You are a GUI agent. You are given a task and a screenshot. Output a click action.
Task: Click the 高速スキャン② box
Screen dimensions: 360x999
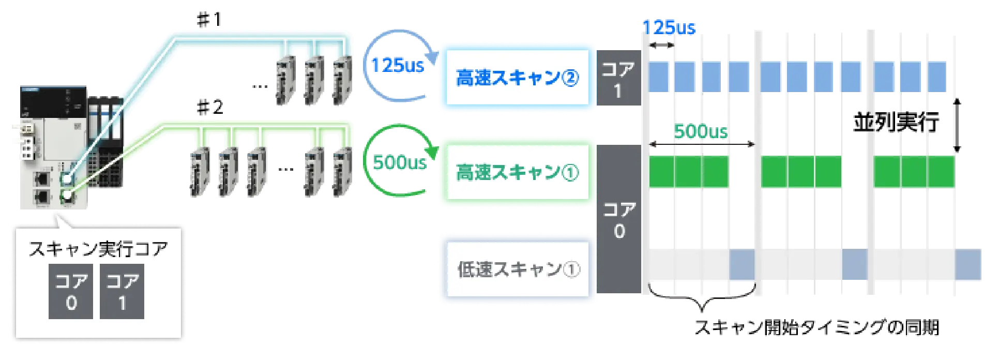517,78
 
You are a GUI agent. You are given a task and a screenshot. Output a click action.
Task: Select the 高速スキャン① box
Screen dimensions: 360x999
517,173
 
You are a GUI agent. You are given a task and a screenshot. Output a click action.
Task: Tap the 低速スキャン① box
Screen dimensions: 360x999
517,269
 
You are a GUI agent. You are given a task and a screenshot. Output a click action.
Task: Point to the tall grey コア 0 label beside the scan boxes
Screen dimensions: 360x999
618,220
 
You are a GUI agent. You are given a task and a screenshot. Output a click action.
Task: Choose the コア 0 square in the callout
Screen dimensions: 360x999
71,291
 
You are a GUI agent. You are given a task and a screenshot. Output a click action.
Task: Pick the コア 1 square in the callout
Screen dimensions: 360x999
122,291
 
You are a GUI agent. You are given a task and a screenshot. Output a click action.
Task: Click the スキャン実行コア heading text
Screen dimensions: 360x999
98,249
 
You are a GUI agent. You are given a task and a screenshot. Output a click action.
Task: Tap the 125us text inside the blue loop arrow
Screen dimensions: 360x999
397,66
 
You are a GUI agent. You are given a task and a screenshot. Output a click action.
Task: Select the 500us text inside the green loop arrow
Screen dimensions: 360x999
400,163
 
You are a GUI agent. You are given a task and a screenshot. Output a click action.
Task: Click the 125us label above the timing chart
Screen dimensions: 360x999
669,27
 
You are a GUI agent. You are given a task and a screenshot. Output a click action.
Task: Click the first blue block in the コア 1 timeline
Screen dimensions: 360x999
658,77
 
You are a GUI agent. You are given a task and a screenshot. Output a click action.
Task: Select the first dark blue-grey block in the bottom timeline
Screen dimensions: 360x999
741,264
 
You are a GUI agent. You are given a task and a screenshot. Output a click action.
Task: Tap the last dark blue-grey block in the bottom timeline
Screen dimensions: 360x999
967,264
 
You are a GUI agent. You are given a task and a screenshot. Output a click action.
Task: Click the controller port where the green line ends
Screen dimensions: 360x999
67,197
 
